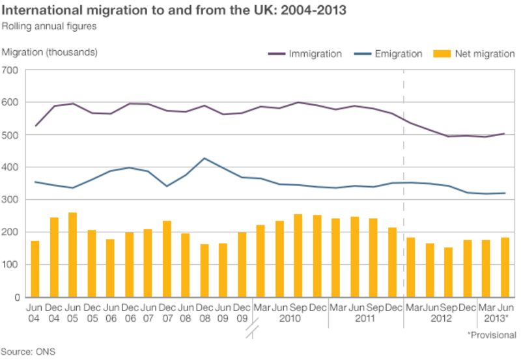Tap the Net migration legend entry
coord(484,54)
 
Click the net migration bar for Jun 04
coord(35,269)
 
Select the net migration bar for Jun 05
coord(73,255)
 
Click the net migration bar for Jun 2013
coord(505,267)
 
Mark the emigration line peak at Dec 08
coord(204,158)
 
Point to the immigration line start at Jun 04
coord(35,126)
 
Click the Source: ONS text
coord(29,352)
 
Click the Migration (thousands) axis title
coord(49,52)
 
